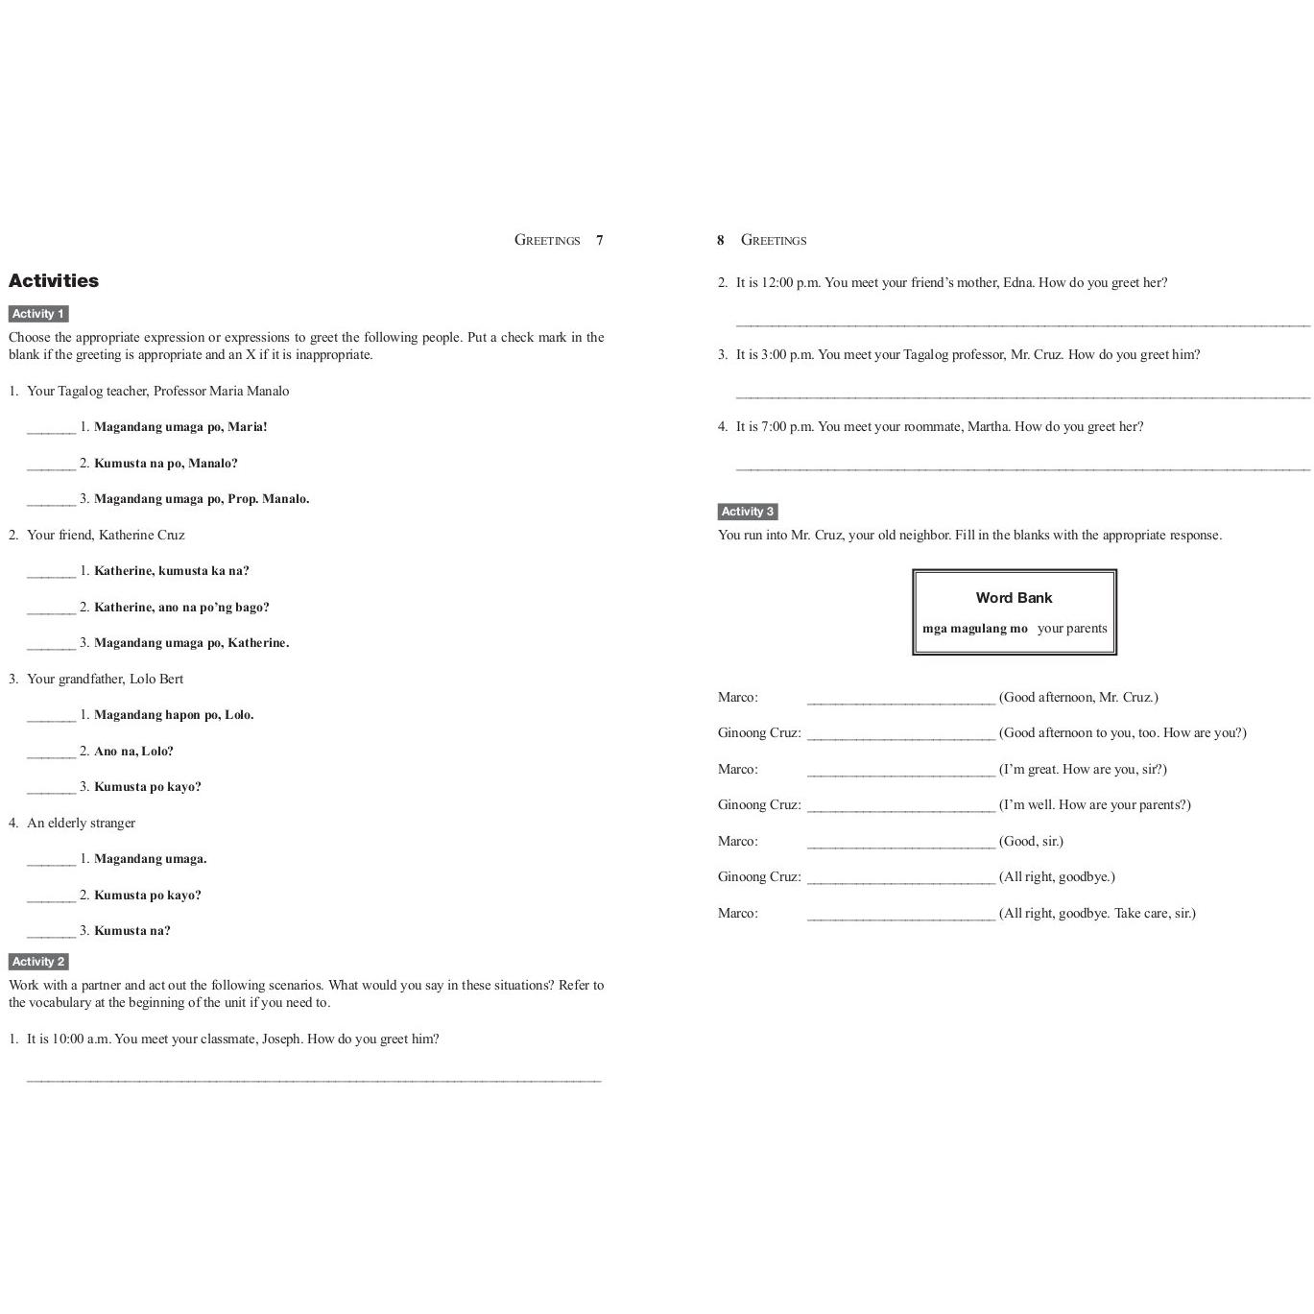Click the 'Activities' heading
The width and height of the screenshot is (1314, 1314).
[54, 281]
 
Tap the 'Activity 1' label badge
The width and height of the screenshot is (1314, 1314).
[38, 314]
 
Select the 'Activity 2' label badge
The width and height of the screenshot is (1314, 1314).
[38, 962]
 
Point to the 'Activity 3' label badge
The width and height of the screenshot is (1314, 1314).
[748, 512]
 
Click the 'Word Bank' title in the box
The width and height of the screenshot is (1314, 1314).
[1014, 598]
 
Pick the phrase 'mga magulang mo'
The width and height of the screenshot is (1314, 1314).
[974, 629]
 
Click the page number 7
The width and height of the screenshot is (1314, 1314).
[600, 240]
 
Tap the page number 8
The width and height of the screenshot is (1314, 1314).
[720, 240]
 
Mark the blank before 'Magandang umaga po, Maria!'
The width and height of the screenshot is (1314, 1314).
[51, 429]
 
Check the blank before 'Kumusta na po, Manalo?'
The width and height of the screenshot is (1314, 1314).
[51, 466]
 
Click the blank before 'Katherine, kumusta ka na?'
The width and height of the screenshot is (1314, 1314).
[51, 573]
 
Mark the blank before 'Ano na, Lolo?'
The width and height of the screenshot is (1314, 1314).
[51, 753]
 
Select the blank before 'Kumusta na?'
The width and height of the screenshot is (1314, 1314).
[51, 933]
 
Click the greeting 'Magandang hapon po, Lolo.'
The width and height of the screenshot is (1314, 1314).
[174, 715]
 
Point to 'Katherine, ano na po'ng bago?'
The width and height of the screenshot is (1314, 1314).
[181, 608]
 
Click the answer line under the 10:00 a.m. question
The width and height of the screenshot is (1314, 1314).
[314, 1078]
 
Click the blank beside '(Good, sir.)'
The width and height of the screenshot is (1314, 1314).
[900, 844]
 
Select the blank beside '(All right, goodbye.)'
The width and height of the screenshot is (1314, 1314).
[900, 879]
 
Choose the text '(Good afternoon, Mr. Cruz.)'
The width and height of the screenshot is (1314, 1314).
[1078, 698]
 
